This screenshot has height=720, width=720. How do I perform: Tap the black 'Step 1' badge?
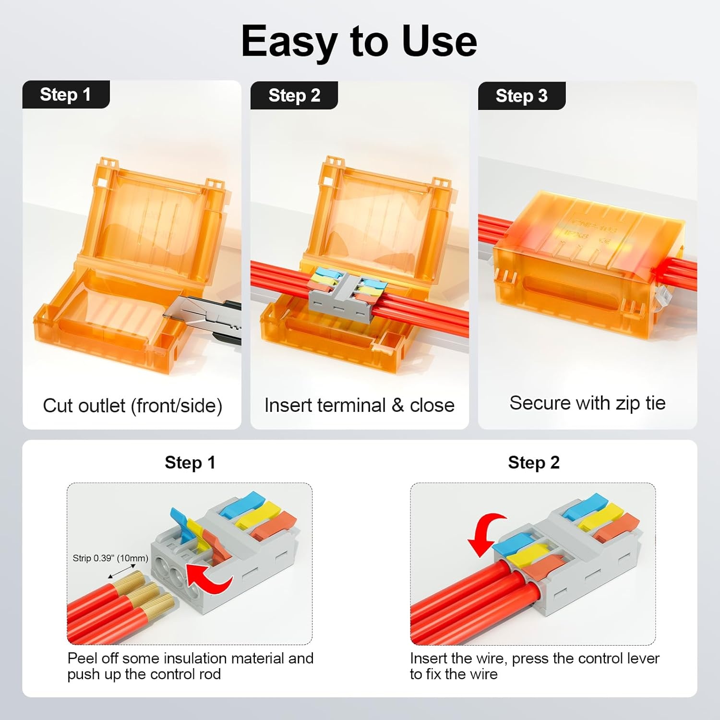(x=66, y=95)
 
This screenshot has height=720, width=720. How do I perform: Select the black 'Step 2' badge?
(x=294, y=96)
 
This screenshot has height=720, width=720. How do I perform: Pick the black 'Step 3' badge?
(x=522, y=96)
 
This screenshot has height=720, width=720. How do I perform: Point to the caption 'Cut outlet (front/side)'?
(x=132, y=406)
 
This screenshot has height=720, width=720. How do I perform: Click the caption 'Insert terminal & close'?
(x=360, y=406)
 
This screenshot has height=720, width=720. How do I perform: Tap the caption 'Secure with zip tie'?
(x=588, y=403)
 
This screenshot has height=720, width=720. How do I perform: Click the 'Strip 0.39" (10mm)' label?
(x=110, y=558)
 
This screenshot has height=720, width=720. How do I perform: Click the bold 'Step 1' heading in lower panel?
(x=190, y=463)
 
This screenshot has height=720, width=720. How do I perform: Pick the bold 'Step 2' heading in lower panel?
(x=534, y=463)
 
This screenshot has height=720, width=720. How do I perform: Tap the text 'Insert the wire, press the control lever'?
(x=535, y=659)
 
